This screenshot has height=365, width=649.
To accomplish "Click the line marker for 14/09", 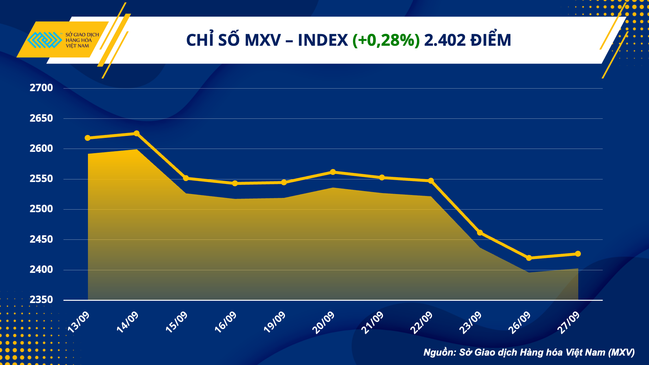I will tap(137, 133).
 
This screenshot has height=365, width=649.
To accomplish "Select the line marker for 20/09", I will tap(333, 172).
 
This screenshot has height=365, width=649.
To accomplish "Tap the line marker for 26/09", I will tap(529, 258).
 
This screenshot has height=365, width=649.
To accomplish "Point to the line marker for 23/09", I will tap(480, 233).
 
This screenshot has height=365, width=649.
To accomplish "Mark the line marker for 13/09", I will tap(88, 138).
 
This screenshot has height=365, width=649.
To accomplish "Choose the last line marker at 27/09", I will tap(578, 254).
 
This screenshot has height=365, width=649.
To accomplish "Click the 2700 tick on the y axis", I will tap(41, 88).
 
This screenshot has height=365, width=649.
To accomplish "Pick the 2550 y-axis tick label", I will tap(41, 179).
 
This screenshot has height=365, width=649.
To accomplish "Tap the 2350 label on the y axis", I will tap(41, 300).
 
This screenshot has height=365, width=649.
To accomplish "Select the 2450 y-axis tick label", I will tap(41, 239).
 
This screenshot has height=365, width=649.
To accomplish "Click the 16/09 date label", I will tap(226, 322).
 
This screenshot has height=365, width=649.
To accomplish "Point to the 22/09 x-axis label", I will tap(421, 322).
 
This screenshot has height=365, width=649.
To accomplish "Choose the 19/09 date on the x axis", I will tap(275, 322).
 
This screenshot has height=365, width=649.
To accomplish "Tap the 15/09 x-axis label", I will tap(177, 322).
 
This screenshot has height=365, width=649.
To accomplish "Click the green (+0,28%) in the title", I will tap(386, 40).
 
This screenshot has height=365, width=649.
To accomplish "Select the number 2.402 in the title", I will tap(445, 40).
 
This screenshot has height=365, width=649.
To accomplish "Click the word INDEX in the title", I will tap(323, 40).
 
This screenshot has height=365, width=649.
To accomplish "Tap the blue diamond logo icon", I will tap(44, 40).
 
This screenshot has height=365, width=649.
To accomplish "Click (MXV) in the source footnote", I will tap(621, 352).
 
